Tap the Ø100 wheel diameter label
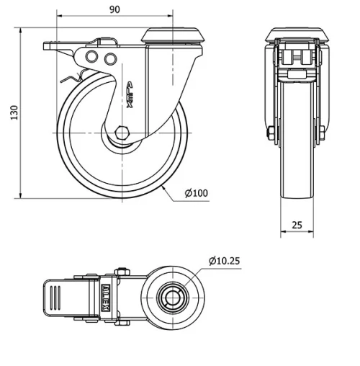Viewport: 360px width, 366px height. (195, 192)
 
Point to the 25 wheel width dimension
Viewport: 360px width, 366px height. (297, 225)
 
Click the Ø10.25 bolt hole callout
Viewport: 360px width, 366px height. (225, 260)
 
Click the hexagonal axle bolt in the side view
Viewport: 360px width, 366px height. (120, 133)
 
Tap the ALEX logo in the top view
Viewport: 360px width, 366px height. (107, 295)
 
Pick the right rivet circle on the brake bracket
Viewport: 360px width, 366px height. (109, 58)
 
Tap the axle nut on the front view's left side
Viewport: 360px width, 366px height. (271, 134)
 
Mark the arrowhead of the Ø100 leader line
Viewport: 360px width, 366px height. (165, 186)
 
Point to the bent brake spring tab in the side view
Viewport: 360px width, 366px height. (74, 77)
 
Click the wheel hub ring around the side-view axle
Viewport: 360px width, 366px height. (120, 143)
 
